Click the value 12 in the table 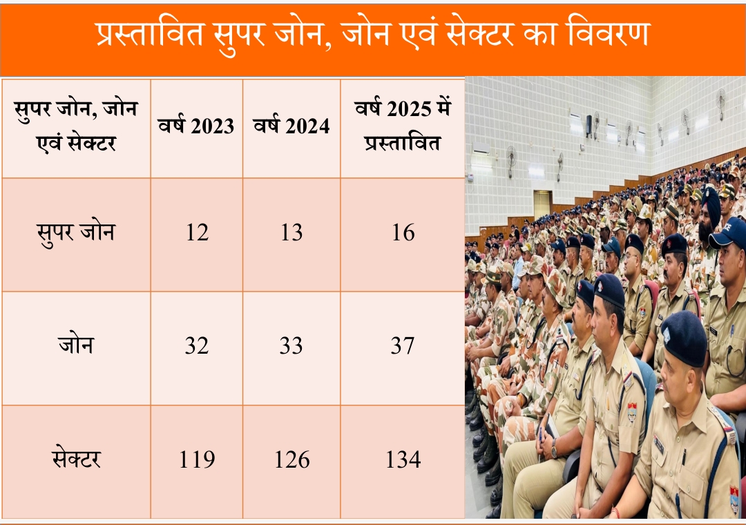197,233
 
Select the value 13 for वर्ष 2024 291,233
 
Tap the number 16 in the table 403,233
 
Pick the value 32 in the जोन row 197,345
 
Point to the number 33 291,345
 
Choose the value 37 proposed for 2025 403,345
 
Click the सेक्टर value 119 197,459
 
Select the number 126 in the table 291,459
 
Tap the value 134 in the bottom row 403,459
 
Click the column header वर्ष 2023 197,126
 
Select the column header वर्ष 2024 291,126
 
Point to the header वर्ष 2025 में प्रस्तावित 403,126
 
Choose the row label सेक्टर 76,459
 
